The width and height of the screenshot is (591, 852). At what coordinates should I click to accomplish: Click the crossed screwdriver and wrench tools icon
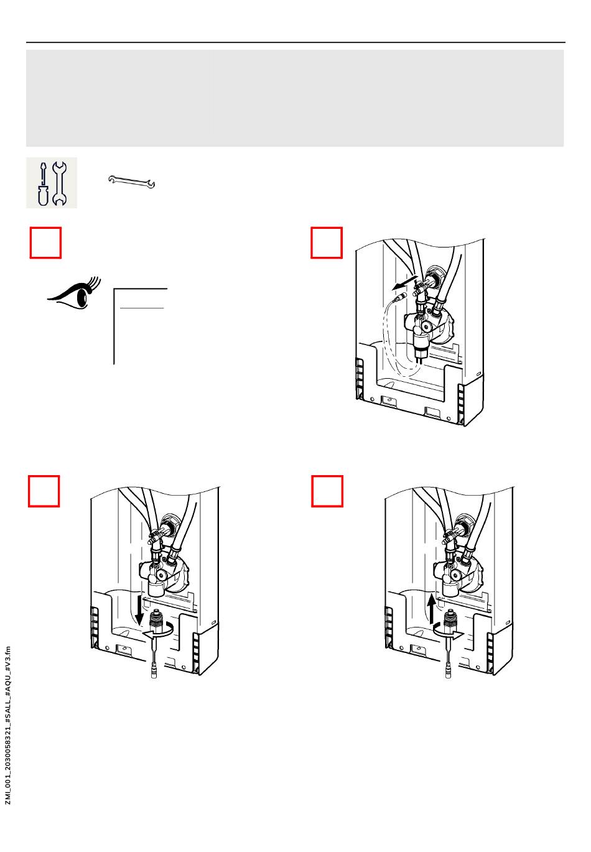[x=52, y=183]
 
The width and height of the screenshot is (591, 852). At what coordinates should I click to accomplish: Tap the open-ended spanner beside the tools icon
[x=132, y=182]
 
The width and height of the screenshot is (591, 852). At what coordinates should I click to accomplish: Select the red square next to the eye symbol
[x=46, y=243]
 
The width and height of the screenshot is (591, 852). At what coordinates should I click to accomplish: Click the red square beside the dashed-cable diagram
[x=327, y=243]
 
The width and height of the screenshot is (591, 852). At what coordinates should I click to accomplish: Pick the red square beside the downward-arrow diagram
[x=45, y=491]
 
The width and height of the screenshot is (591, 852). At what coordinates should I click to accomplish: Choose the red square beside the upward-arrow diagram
[x=327, y=491]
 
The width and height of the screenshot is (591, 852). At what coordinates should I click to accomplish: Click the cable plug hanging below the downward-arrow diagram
[x=154, y=671]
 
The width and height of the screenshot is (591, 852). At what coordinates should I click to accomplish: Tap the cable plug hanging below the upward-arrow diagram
[x=449, y=671]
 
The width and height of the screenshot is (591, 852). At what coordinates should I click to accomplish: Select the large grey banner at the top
[x=295, y=98]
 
